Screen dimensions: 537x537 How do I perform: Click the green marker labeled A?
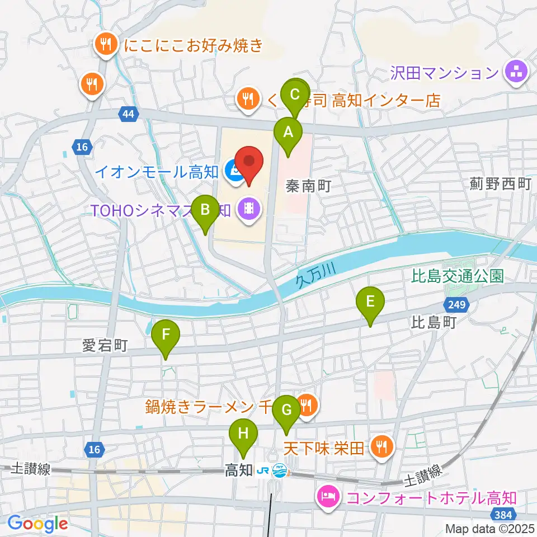tap(288, 133)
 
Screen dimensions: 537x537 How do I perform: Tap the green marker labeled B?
tap(205, 210)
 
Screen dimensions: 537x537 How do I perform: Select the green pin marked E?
tap(370, 303)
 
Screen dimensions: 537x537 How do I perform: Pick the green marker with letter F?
tap(166, 335)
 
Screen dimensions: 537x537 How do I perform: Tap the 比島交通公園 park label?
tap(458, 275)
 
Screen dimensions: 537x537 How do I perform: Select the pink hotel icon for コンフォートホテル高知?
tap(327, 496)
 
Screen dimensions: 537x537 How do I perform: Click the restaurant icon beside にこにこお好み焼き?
tap(105, 44)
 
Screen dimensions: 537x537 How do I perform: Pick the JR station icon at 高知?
tap(272, 470)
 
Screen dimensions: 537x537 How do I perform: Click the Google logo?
tap(37, 524)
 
